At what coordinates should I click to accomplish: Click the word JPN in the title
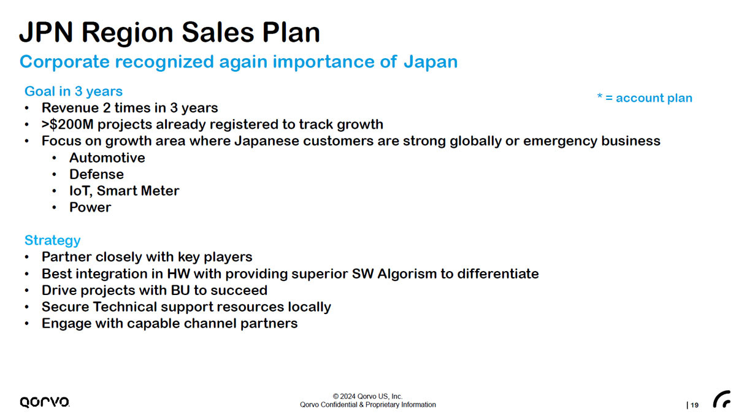tap(45, 32)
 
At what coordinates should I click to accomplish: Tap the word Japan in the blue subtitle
tap(431, 62)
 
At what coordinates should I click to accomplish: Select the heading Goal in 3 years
tap(74, 91)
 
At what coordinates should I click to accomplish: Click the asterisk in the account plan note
tap(600, 96)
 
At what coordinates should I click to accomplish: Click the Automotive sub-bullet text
tap(107, 158)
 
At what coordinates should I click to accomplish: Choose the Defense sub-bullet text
tap(97, 174)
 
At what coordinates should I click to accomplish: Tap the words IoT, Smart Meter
tap(124, 191)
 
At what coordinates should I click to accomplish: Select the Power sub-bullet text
tap(90, 207)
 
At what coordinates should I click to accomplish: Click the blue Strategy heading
tap(53, 240)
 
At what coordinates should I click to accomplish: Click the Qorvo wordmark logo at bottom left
tap(45, 402)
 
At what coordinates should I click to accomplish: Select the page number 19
tap(694, 405)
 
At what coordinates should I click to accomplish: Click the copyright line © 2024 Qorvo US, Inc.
tap(367, 396)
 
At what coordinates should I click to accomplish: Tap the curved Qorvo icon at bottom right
tap(721, 399)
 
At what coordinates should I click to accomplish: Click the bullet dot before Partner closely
tap(27, 257)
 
